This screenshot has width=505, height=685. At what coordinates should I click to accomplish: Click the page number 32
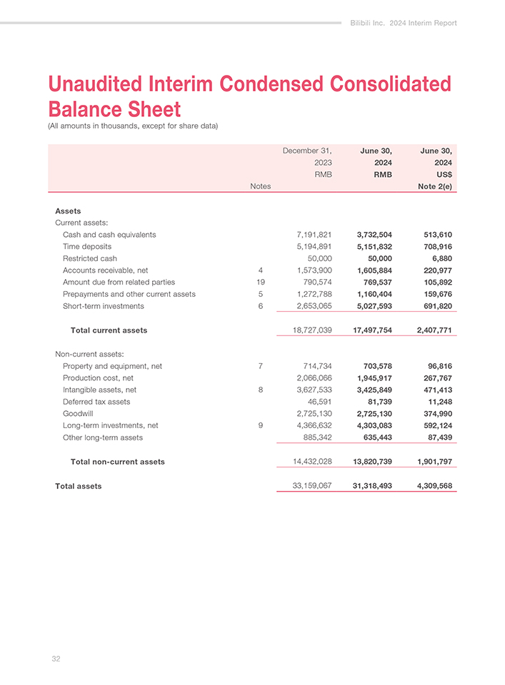[56, 659]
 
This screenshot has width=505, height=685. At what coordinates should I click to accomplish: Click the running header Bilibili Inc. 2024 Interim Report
[404, 23]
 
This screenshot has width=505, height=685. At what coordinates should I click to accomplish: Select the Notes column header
[260, 186]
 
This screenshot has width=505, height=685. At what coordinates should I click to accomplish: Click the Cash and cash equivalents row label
[109, 234]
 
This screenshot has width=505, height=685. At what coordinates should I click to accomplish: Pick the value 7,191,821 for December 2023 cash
[314, 234]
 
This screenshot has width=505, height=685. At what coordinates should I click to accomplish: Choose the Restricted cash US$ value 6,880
[440, 258]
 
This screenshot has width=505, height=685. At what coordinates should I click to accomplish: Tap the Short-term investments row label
[103, 306]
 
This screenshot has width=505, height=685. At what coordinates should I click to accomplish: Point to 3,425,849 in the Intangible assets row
[365, 390]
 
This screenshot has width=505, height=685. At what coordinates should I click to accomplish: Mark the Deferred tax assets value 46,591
[318, 402]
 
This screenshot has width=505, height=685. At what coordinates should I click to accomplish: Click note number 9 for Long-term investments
[262, 426]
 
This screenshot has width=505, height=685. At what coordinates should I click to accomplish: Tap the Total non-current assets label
[117, 462]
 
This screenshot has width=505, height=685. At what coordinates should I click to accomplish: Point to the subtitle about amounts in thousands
[132, 126]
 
